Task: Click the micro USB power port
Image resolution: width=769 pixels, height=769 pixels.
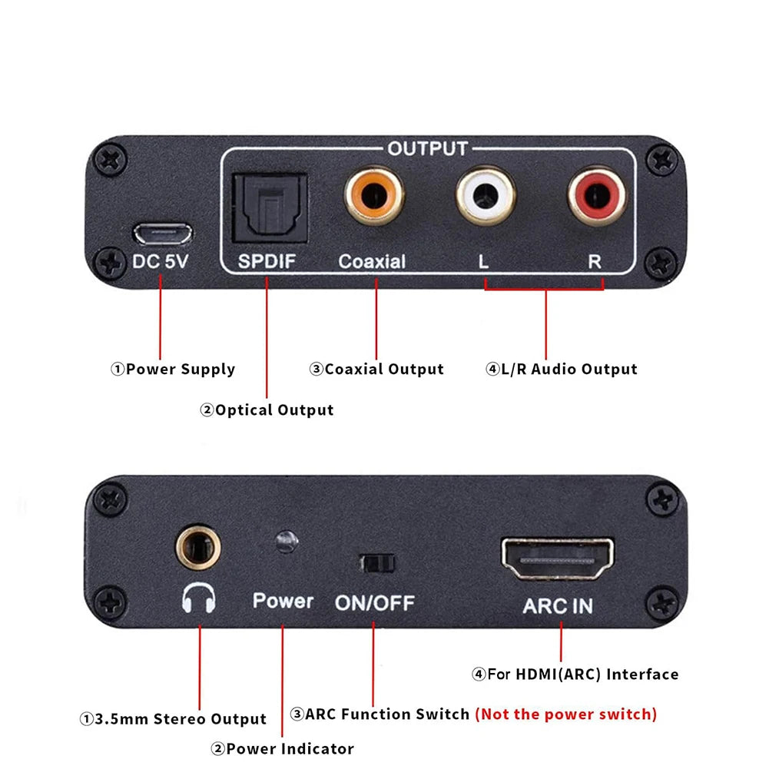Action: [163, 232]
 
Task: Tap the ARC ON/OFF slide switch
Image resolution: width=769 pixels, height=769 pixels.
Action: [376, 563]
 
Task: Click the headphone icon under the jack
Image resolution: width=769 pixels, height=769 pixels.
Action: [199, 598]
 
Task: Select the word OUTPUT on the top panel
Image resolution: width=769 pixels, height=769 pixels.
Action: [427, 148]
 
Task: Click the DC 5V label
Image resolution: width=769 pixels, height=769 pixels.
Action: [160, 261]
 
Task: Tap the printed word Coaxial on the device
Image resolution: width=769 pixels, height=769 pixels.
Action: [372, 261]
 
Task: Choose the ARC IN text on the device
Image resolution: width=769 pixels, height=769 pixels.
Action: [558, 605]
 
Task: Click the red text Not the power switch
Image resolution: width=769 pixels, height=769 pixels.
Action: [566, 714]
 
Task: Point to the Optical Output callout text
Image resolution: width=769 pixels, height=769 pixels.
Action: [267, 410]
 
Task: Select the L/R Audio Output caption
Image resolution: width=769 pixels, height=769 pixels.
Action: [562, 370]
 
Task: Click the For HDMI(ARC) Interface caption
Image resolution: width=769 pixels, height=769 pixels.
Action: [575, 675]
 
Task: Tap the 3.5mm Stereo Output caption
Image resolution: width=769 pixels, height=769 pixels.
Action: [174, 720]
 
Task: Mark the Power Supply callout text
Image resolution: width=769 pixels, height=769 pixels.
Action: [174, 370]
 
